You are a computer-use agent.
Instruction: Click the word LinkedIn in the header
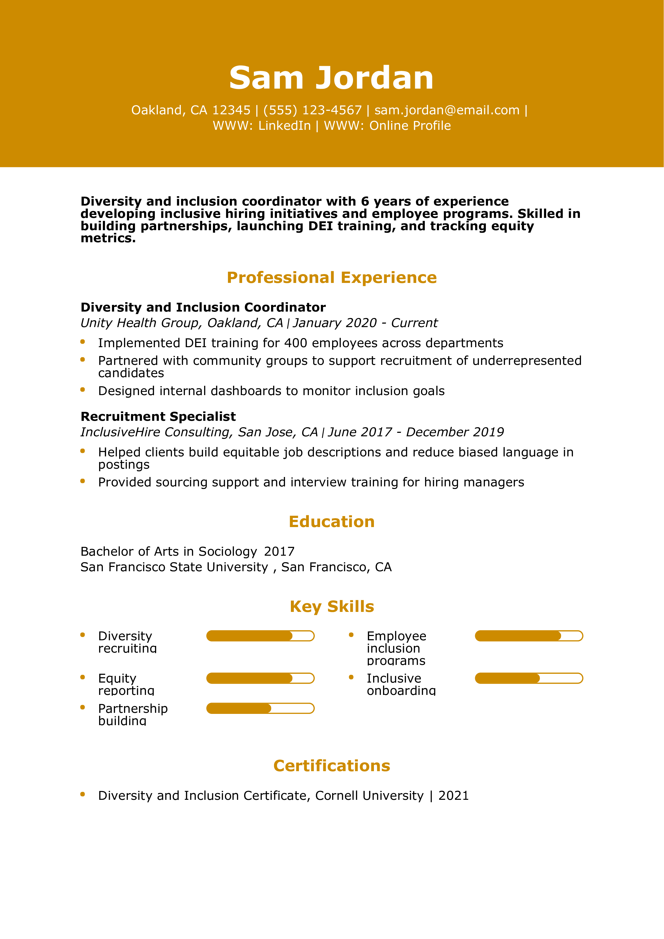click(284, 126)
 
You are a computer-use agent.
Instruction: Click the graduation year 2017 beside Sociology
click(279, 551)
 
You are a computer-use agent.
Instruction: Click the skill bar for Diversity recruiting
click(260, 636)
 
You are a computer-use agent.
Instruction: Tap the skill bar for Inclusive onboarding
click(528, 679)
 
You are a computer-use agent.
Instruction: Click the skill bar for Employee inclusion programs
click(528, 636)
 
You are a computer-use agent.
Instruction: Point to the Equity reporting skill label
click(126, 684)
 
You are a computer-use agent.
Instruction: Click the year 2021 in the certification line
click(453, 796)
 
